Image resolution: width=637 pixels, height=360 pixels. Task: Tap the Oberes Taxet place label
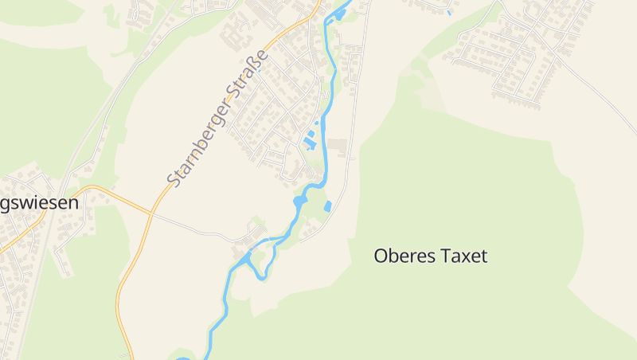pyautogui.click(x=430, y=256)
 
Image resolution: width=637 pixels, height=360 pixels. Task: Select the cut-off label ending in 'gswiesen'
pyautogui.click(x=39, y=203)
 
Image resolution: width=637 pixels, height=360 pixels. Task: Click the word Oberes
pyautogui.click(x=401, y=256)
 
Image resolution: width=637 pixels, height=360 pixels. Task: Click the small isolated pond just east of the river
pyautogui.click(x=327, y=206)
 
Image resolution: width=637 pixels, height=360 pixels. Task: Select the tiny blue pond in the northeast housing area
pyautogui.click(x=450, y=13)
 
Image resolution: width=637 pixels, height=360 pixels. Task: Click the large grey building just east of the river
pyautogui.click(x=337, y=147)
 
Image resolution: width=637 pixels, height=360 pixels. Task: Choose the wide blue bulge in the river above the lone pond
pyautogui.click(x=300, y=202)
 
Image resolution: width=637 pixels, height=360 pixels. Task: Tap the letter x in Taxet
pyautogui.click(x=465, y=256)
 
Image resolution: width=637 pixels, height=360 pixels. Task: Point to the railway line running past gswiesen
pyautogui.click(x=48, y=239)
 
